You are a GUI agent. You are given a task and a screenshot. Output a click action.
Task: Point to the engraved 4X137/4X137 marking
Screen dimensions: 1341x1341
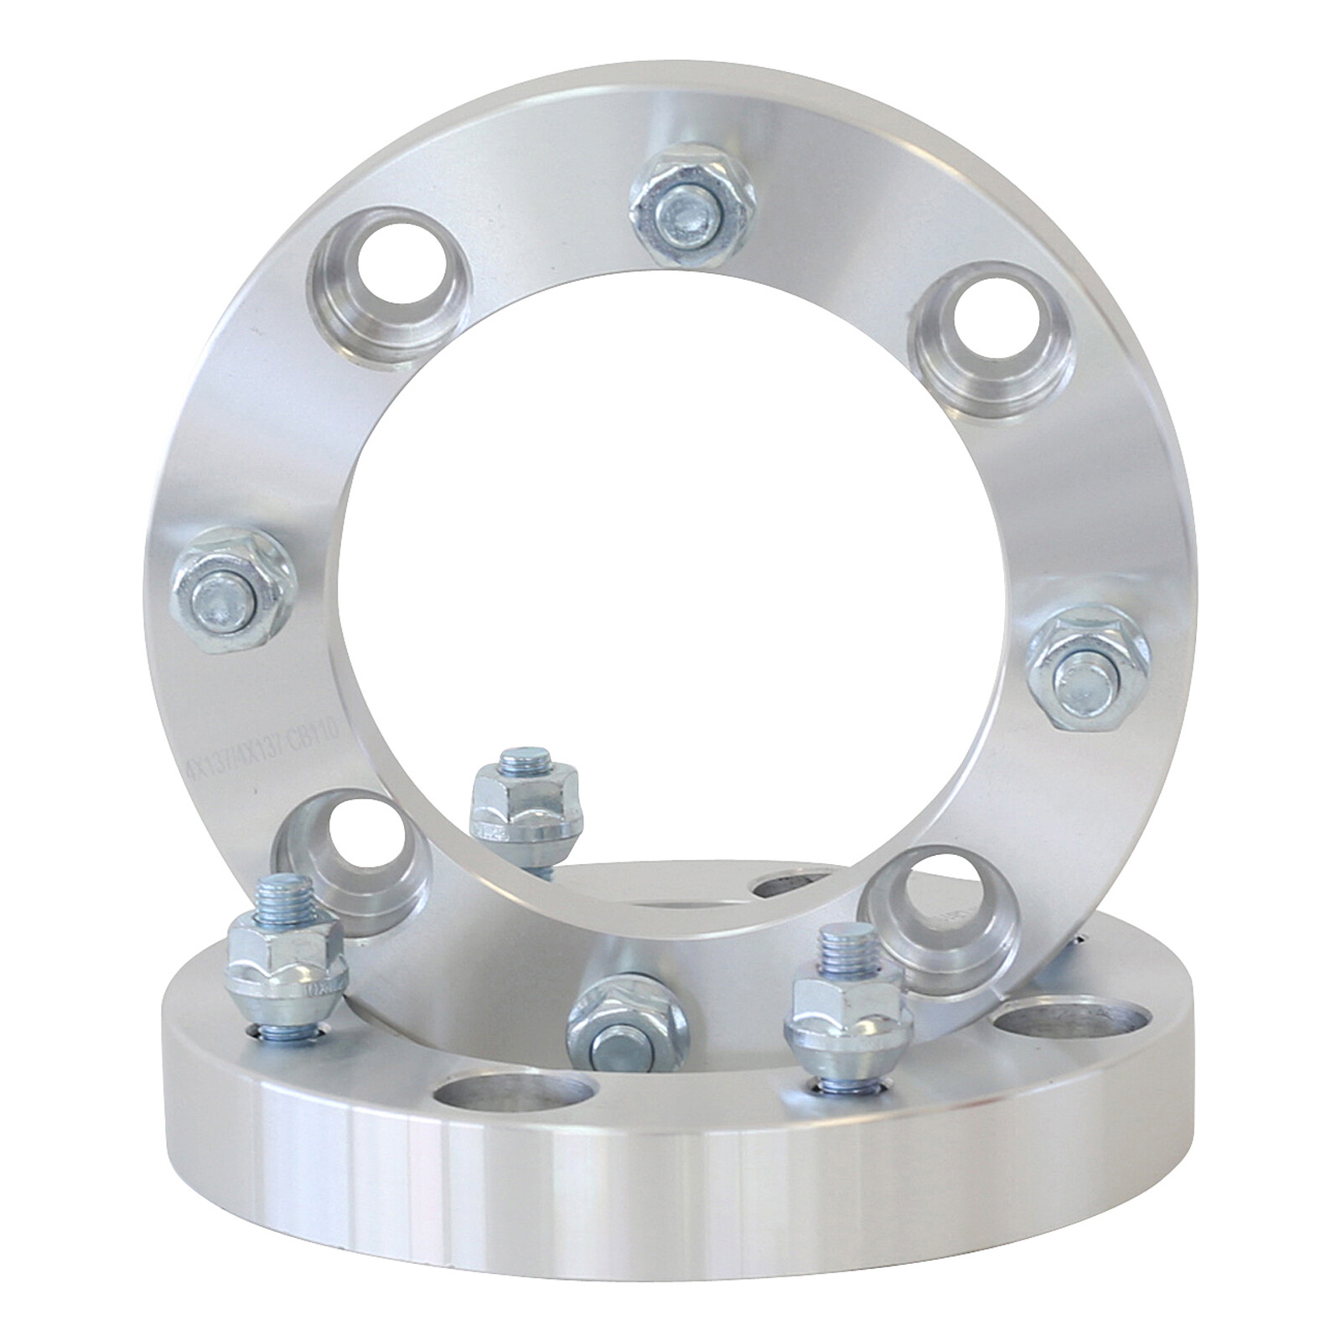pyautogui.click(x=235, y=751)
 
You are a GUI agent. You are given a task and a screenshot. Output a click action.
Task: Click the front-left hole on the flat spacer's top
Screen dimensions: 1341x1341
pyautogui.click(x=515, y=1101)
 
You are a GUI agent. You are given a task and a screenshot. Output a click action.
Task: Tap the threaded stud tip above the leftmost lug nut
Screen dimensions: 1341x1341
pyautogui.click(x=283, y=893)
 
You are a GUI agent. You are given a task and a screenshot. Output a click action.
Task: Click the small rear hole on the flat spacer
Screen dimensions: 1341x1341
pyautogui.click(x=787, y=884)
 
